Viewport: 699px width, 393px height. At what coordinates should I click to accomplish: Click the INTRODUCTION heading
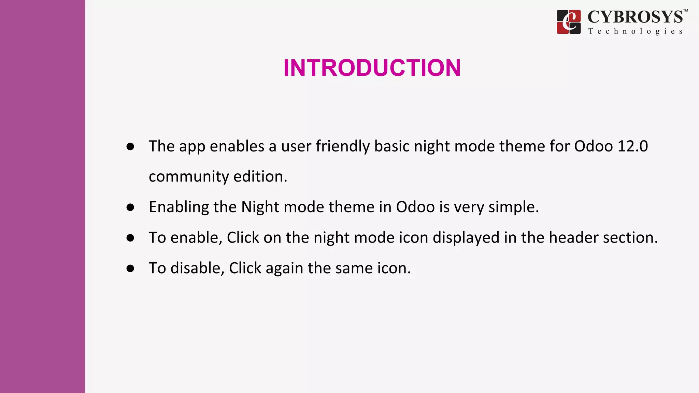tap(372, 68)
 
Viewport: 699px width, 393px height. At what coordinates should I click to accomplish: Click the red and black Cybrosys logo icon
tap(569, 22)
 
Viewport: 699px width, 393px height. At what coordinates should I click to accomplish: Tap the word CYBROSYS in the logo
tap(635, 17)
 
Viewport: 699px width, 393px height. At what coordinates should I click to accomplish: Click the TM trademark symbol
tap(685, 11)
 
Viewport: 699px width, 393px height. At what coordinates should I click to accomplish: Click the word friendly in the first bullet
tap(342, 146)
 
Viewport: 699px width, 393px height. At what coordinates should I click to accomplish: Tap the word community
tap(189, 177)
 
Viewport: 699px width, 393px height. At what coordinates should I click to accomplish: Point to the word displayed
tap(466, 237)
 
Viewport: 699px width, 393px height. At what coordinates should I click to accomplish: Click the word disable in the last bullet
tap(197, 268)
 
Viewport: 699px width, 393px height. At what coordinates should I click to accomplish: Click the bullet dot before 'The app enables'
tap(130, 147)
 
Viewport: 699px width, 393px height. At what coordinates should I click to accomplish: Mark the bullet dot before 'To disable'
tap(130, 268)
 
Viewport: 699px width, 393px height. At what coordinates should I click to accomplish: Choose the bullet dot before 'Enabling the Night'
tap(130, 207)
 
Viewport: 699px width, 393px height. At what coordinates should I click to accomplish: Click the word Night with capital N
tap(260, 207)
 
